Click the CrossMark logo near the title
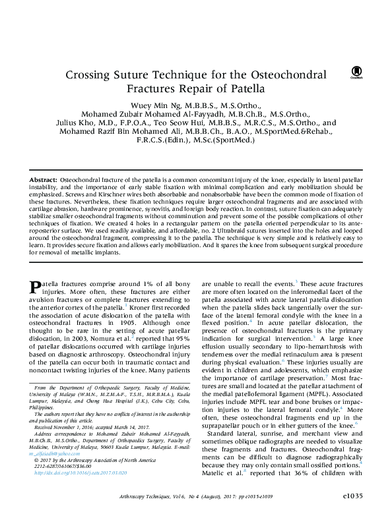[x=356, y=71]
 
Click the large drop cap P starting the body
[x=37, y=287]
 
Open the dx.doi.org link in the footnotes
[x=71, y=473]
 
